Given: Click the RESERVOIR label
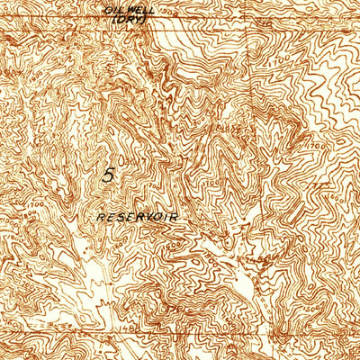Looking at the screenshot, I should click(138, 218).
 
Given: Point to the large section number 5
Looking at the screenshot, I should click(109, 175).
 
